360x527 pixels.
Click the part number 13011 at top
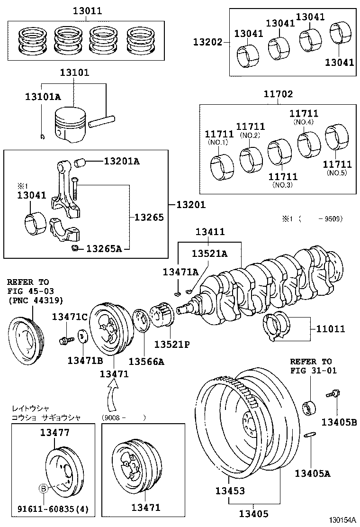[87, 10]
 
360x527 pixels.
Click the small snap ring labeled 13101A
[43, 137]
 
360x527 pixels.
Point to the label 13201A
[122, 162]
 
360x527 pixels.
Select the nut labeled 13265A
[74, 248]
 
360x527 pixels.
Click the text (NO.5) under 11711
[337, 173]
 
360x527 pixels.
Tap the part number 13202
[207, 42]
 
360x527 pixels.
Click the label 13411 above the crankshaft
[210, 232]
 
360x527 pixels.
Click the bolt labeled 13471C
[64, 340]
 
